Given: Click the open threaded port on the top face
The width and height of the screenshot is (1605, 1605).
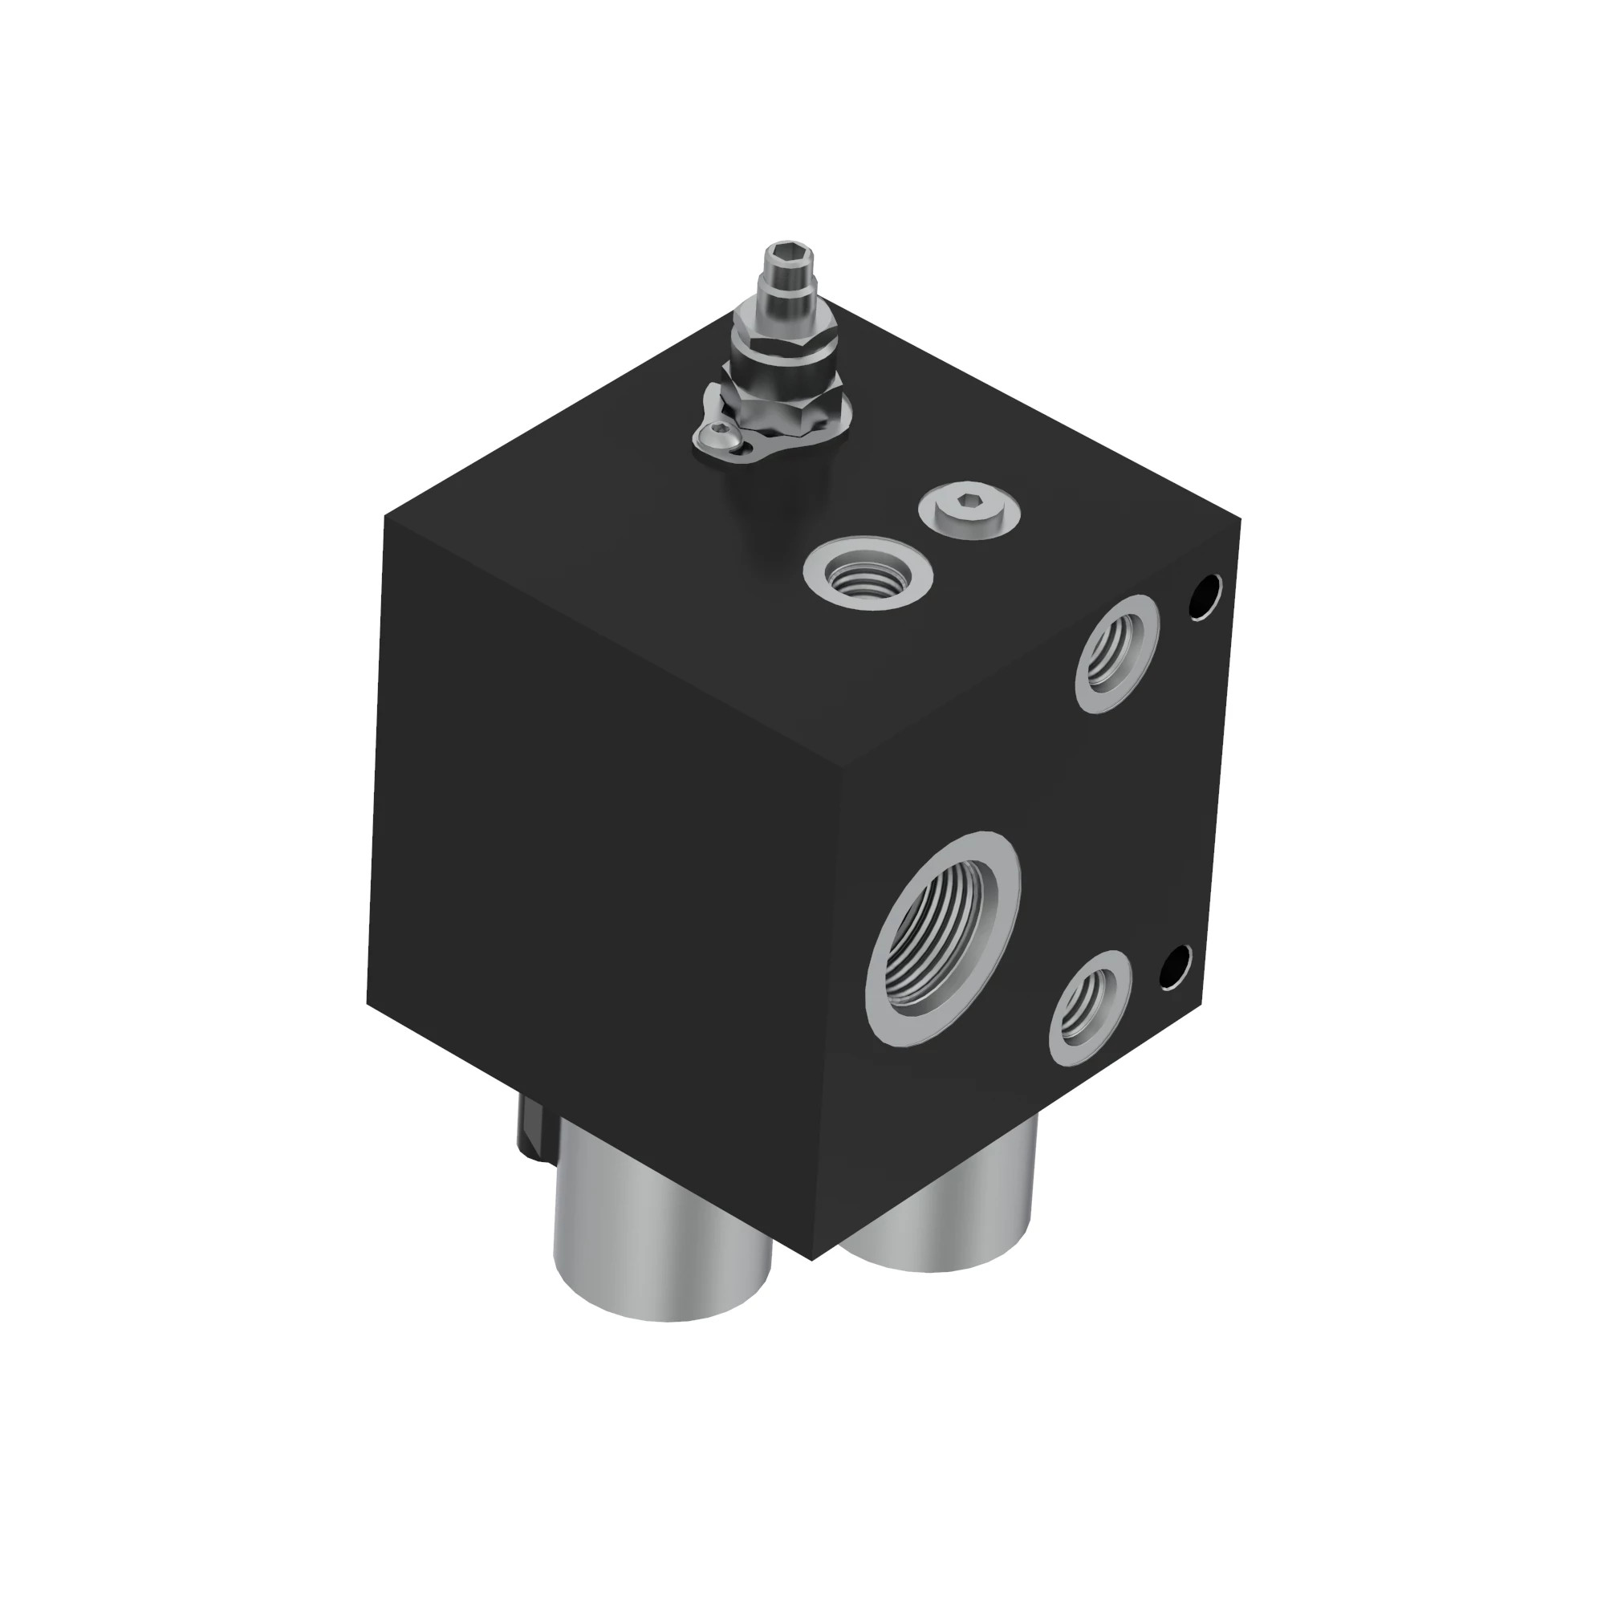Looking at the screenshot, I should point(868,572).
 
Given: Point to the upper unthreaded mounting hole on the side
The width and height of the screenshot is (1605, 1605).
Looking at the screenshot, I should point(1205,596).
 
